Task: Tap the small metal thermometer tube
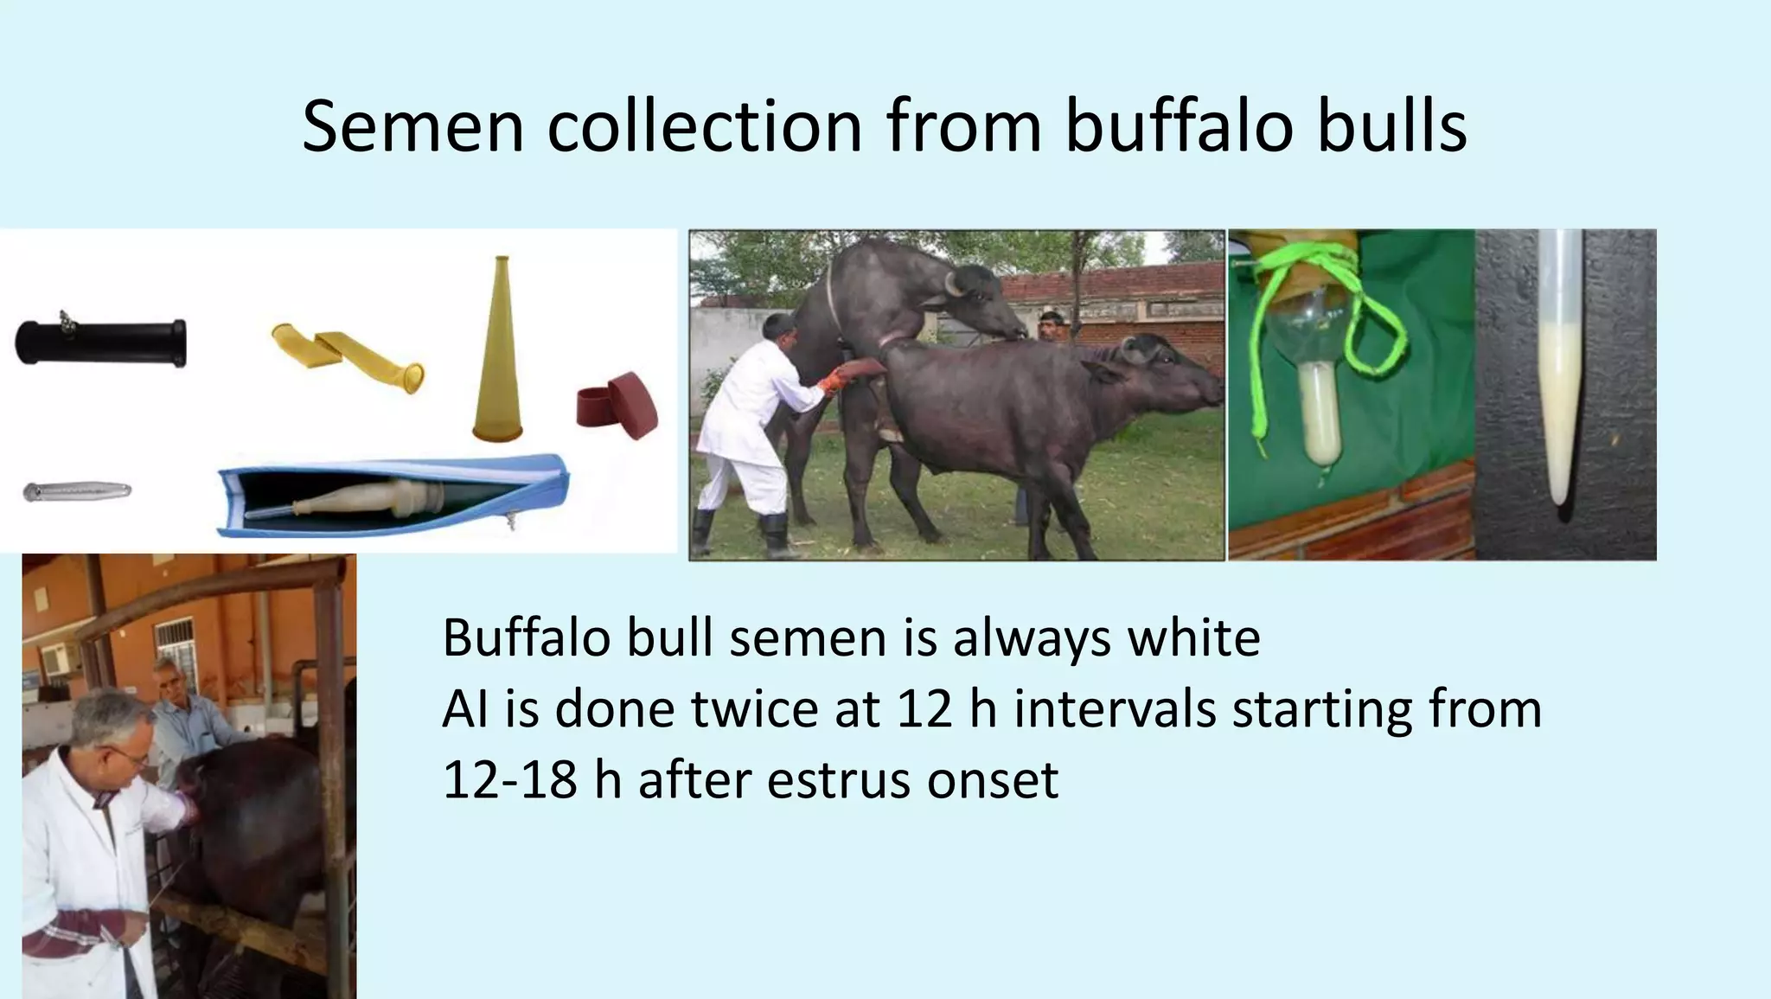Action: [x=77, y=491]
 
